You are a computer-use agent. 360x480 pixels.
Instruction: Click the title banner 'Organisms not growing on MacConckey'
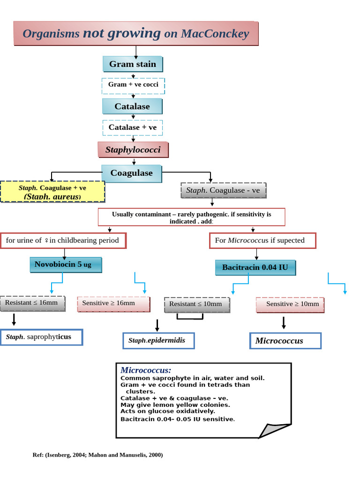pyautogui.click(x=136, y=33)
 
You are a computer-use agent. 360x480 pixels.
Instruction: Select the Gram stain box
pyautogui.click(x=133, y=64)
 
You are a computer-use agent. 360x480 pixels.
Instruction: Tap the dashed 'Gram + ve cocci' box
pyautogui.click(x=133, y=85)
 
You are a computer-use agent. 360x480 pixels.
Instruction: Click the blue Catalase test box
pyautogui.click(x=133, y=106)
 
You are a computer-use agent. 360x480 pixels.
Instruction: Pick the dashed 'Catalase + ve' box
pyautogui.click(x=133, y=127)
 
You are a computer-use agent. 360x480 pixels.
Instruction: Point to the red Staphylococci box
pyautogui.click(x=133, y=150)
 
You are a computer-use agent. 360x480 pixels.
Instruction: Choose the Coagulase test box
pyautogui.click(x=132, y=173)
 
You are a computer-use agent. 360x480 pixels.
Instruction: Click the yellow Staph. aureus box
pyautogui.click(x=52, y=192)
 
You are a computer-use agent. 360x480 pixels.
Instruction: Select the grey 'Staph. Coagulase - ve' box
pyautogui.click(x=223, y=190)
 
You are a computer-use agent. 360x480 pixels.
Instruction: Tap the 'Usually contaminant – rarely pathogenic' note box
pyautogui.click(x=191, y=217)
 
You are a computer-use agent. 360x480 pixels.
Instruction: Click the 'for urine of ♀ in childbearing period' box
pyautogui.click(x=63, y=240)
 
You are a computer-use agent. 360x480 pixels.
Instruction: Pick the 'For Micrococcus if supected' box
pyautogui.click(x=262, y=240)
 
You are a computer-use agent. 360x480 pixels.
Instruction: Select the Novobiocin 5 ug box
pyautogui.click(x=66, y=265)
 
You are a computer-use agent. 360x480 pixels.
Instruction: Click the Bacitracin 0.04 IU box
pyautogui.click(x=255, y=268)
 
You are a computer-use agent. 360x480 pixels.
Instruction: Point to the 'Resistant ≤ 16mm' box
pyautogui.click(x=31, y=303)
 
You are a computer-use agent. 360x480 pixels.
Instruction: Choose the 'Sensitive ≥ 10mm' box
pyautogui.click(x=290, y=304)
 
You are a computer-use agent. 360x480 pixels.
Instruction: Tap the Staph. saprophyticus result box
pyautogui.click(x=42, y=337)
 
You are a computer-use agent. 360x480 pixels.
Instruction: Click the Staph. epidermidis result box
pyautogui.click(x=158, y=341)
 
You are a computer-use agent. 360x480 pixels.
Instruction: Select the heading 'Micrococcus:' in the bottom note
pyautogui.click(x=146, y=370)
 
